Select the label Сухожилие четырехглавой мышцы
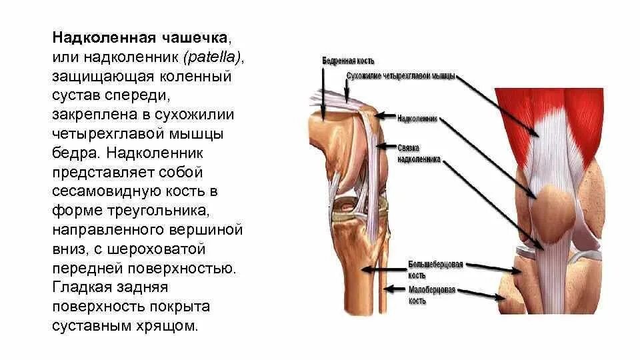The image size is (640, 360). [401, 75]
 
